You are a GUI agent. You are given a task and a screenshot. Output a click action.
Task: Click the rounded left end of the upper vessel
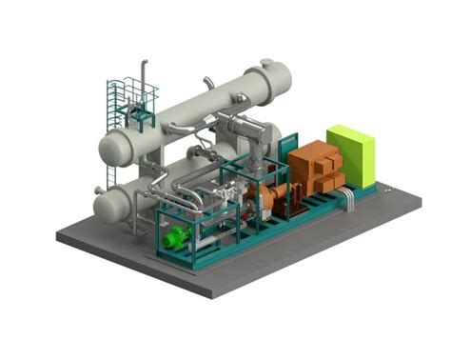click(113, 148)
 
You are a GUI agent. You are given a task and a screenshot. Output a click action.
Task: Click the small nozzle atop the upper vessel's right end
click(267, 63)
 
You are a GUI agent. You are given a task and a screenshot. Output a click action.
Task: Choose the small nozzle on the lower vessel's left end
click(98, 191)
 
